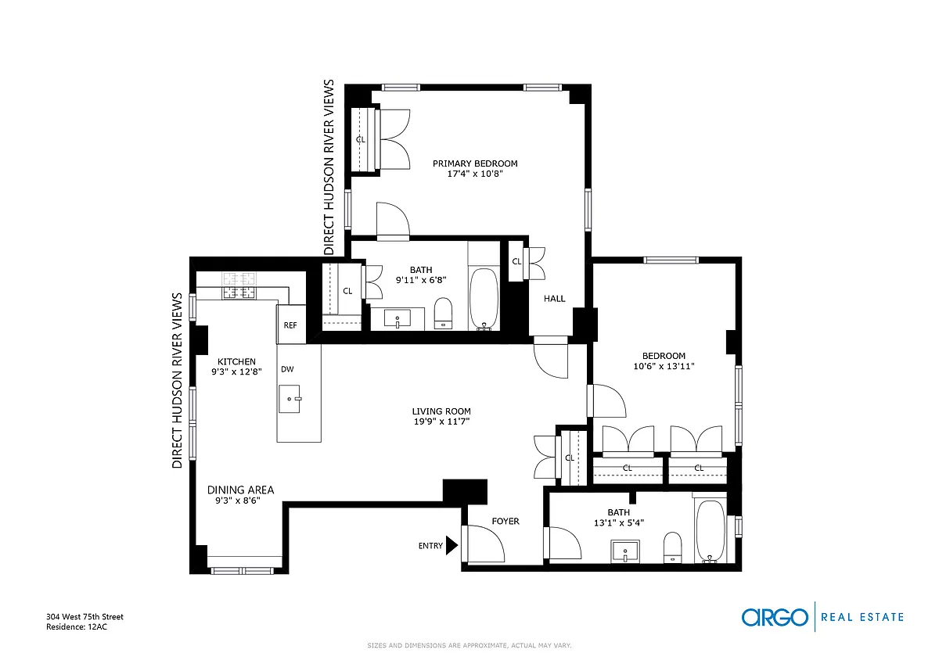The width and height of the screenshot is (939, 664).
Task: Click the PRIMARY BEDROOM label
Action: click(x=475, y=163)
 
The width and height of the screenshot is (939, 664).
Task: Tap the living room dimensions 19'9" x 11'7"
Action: click(x=441, y=422)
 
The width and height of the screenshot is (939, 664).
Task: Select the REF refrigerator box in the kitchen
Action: click(x=290, y=325)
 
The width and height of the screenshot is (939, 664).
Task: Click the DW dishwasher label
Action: click(x=287, y=369)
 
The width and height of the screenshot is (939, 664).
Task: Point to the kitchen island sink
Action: click(x=290, y=399)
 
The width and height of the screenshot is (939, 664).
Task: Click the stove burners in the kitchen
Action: click(x=239, y=285)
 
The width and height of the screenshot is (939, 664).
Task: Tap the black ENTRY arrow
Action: click(x=452, y=545)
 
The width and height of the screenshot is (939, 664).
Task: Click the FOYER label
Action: click(x=505, y=521)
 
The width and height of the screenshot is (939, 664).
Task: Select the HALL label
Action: click(x=554, y=299)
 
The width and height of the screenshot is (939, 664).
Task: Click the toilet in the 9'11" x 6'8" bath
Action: click(x=443, y=314)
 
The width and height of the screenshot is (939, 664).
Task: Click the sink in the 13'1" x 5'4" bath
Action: click(x=625, y=551)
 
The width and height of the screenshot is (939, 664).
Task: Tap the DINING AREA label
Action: click(x=241, y=490)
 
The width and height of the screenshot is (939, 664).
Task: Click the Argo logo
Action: click(x=775, y=617)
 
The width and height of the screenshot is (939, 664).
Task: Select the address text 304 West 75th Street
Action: click(x=85, y=616)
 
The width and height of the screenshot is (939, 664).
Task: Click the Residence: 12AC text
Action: click(x=77, y=626)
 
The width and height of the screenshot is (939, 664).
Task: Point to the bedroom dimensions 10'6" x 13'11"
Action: click(x=664, y=366)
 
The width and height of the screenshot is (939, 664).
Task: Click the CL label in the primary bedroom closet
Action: click(x=361, y=139)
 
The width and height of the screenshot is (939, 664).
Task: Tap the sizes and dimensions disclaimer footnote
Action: click(x=469, y=645)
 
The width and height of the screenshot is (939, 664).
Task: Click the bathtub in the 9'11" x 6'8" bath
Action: click(x=484, y=299)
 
